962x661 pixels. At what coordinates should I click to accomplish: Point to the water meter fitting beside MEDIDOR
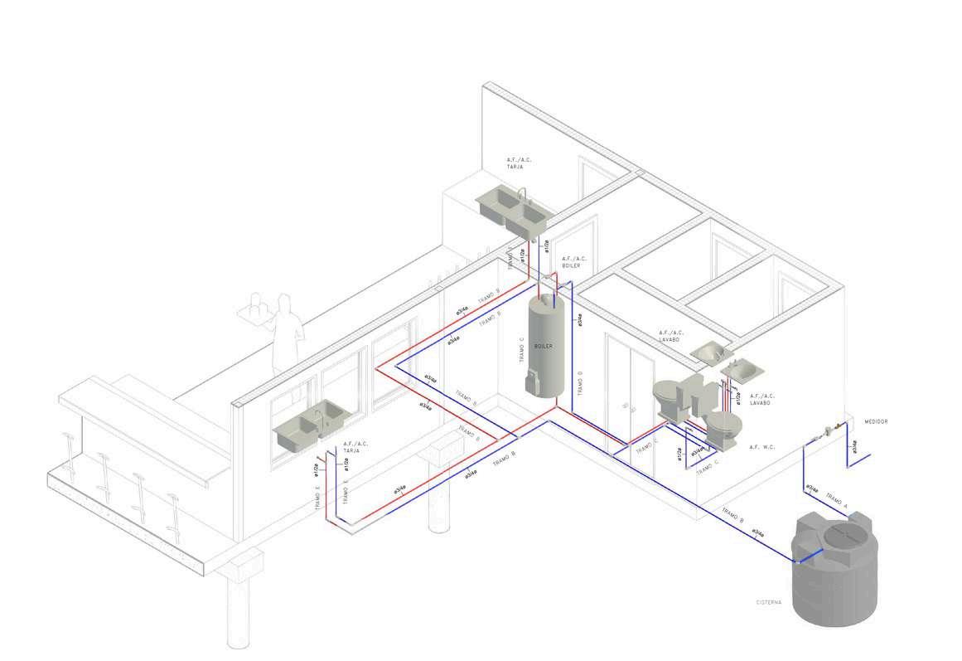tap(829, 430)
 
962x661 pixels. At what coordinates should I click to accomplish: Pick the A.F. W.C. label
tap(761, 448)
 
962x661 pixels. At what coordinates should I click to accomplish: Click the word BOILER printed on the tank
tap(544, 346)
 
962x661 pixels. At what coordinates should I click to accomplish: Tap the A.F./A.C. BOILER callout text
tap(573, 262)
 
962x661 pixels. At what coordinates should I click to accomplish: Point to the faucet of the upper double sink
tap(521, 196)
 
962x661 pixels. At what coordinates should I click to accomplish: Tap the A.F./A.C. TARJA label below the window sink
tap(355, 448)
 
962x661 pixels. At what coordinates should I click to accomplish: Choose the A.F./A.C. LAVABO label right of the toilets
tap(762, 399)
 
